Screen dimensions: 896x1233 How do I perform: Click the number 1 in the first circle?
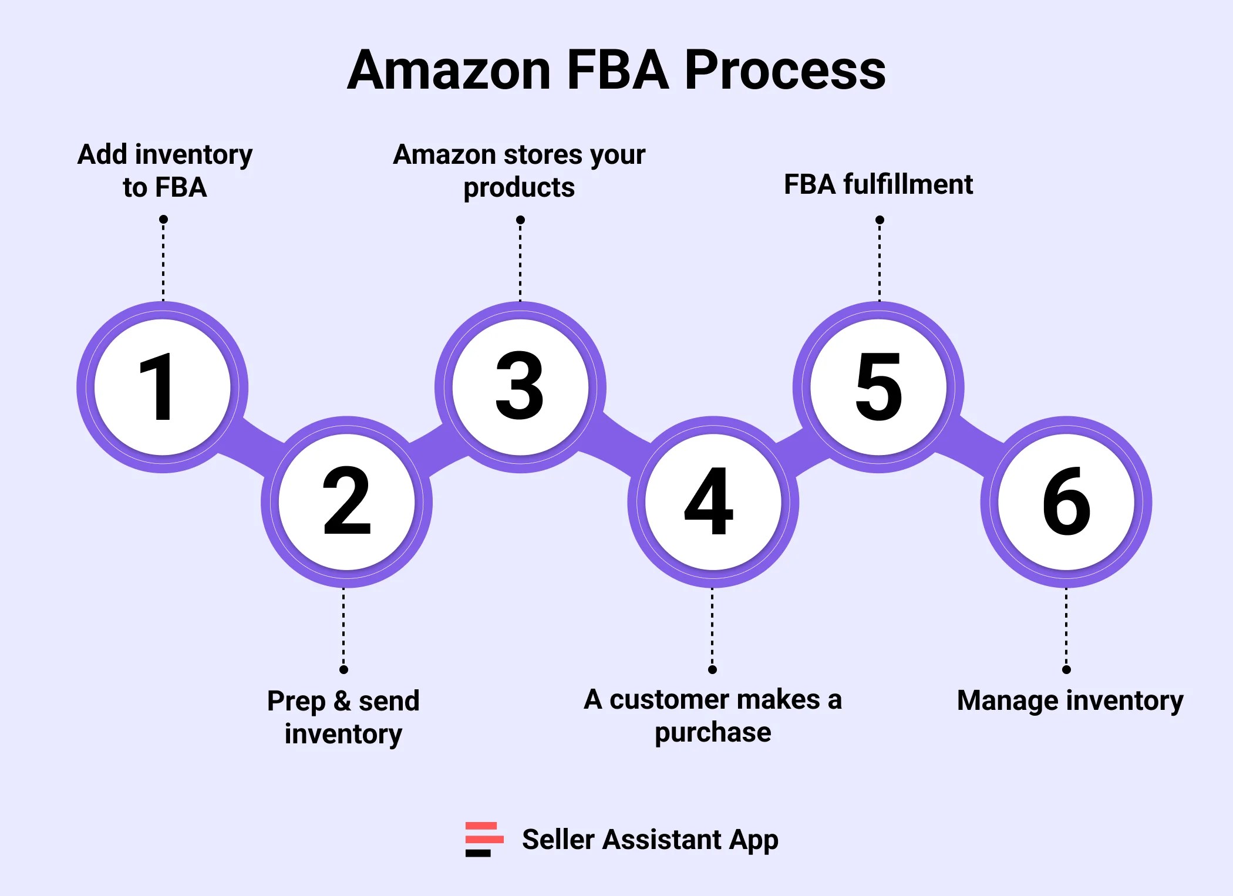(157, 388)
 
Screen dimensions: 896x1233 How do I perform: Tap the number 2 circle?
(346, 502)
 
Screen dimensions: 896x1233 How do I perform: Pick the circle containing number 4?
(712, 502)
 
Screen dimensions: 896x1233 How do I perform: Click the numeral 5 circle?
(878, 388)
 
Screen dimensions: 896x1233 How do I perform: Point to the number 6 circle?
(1066, 502)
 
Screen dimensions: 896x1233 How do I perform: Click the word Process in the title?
(785, 70)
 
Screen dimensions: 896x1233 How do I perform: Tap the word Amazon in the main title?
(449, 70)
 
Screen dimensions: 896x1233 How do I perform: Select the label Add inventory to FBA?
(165, 171)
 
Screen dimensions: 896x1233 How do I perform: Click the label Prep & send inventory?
(343, 717)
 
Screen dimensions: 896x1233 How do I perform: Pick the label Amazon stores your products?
(519, 171)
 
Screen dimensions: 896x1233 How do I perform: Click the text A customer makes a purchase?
(713, 716)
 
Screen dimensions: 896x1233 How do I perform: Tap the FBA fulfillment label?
(878, 184)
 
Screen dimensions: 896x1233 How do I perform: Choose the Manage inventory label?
(1070, 700)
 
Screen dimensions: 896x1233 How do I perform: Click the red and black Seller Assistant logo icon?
(484, 839)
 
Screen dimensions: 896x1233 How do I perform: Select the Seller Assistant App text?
(650, 840)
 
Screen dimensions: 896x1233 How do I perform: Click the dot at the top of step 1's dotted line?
(163, 220)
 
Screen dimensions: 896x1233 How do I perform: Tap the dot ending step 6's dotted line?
(1066, 669)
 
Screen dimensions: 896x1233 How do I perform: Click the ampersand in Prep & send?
(342, 701)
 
